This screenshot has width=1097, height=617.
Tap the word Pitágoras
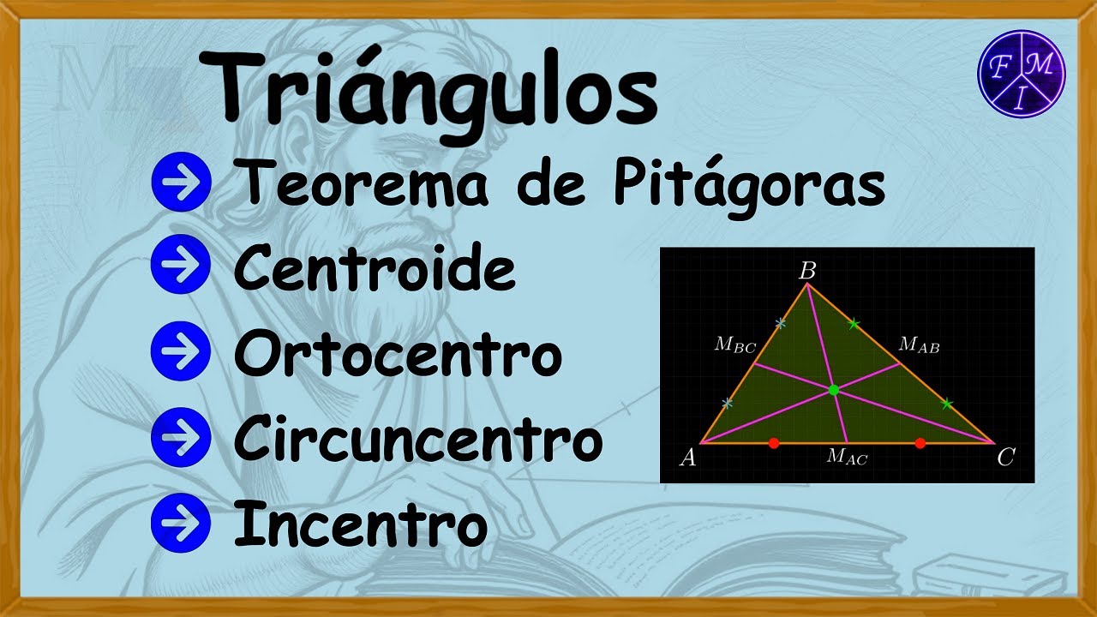coord(748,185)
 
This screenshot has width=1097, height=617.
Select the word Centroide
coord(375,269)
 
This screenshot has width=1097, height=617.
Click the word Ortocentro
coord(398,355)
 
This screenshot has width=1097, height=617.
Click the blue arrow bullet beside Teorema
coord(180,185)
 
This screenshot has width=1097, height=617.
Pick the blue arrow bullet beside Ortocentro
coord(180,355)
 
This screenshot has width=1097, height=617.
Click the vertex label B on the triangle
coord(807,271)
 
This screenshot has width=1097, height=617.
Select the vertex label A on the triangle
coord(687,458)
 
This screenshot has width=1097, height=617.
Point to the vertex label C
coord(1005,458)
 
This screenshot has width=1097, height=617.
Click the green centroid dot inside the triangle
coord(834,391)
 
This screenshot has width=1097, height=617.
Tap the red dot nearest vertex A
coord(774,443)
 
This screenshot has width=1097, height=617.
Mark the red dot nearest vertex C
coord(920,443)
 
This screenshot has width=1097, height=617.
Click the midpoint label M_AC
coord(847,458)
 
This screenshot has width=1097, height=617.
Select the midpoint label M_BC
coord(735,346)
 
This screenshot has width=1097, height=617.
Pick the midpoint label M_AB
coord(919,345)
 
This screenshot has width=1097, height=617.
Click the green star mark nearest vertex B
coord(854,324)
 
